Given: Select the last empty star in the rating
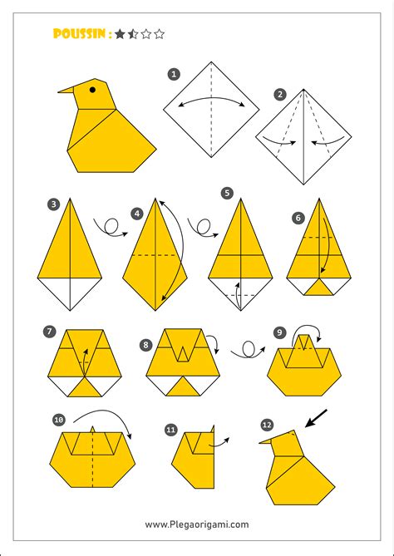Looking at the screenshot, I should click(x=160, y=34).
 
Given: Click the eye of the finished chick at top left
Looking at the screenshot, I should click(x=92, y=88).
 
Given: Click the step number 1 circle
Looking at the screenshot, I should click(x=174, y=74).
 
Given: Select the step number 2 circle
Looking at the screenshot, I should click(x=280, y=94).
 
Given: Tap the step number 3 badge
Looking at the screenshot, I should click(x=53, y=204).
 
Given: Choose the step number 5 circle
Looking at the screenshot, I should click(x=227, y=194).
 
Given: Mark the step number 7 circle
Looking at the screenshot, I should click(x=50, y=332).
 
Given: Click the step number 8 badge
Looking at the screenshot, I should click(x=146, y=343).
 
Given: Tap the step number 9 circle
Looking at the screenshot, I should click(x=280, y=332).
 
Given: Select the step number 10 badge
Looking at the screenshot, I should click(x=58, y=421).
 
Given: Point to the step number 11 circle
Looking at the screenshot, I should click(x=170, y=430).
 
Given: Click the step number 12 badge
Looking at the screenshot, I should click(x=267, y=425).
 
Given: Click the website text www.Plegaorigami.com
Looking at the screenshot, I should click(x=196, y=524).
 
